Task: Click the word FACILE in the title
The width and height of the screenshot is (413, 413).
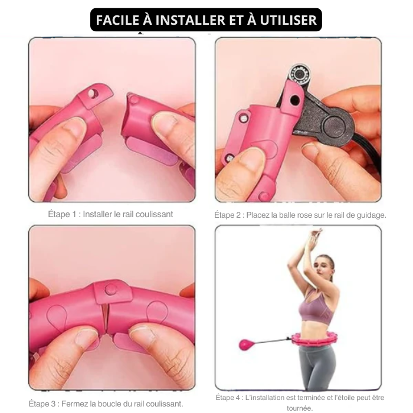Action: [x=117, y=20]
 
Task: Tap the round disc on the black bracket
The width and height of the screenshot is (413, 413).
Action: [x=335, y=127]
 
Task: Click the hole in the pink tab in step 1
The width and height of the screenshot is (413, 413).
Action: [x=92, y=93]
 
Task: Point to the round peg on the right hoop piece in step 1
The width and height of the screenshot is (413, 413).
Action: [x=135, y=99]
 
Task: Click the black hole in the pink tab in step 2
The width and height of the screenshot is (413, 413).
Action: [x=294, y=100]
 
